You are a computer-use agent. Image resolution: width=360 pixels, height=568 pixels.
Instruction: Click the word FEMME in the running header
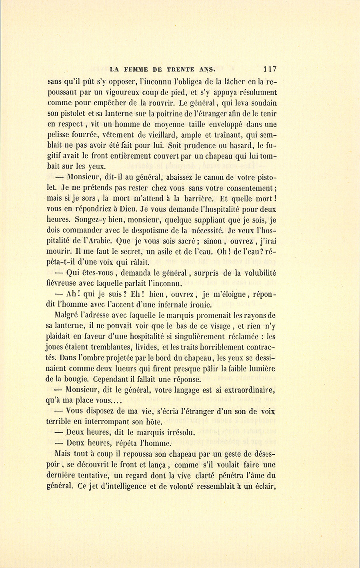click(136, 69)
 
